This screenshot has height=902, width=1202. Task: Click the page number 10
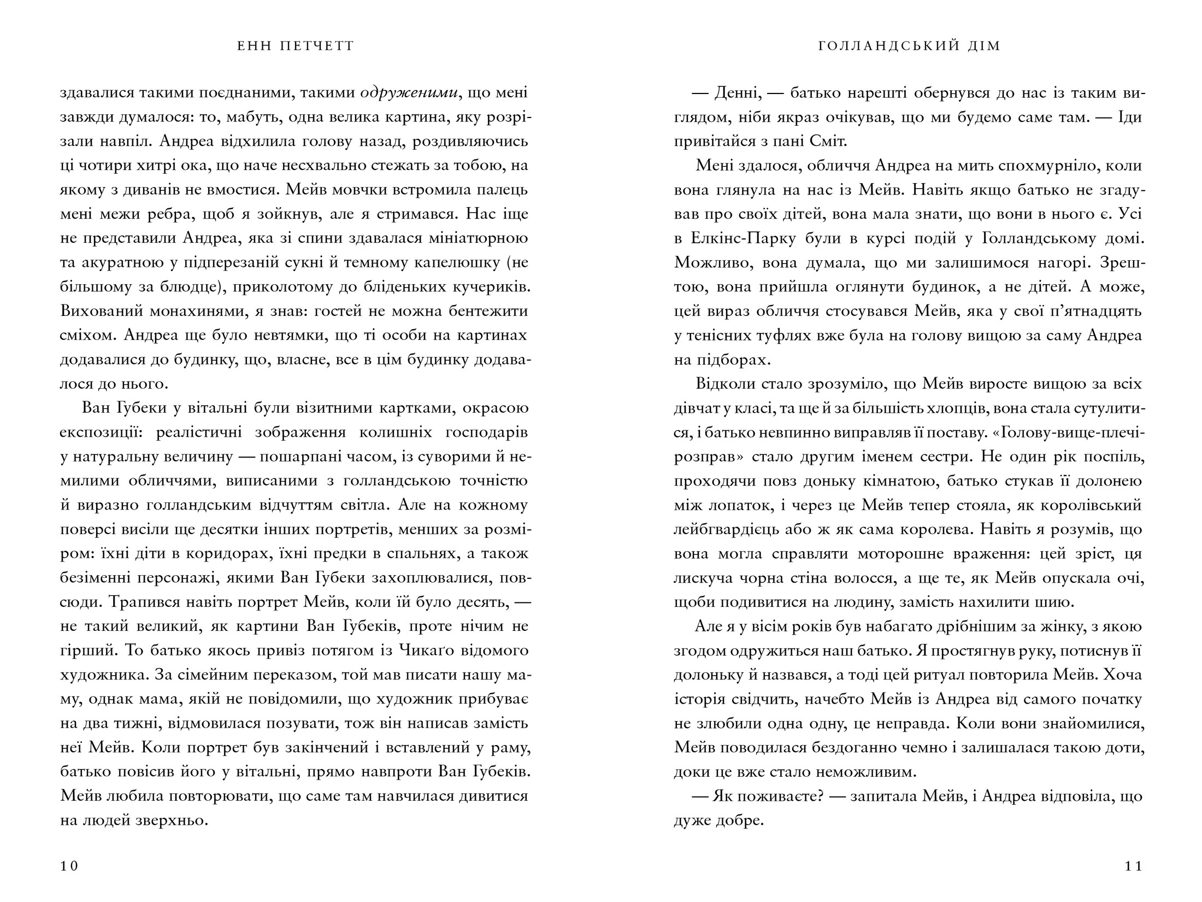[69, 866]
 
